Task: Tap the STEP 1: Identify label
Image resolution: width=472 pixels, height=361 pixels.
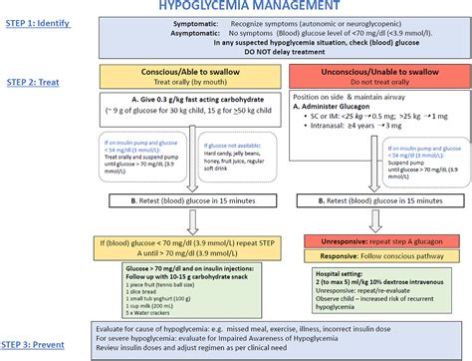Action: [37, 21]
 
